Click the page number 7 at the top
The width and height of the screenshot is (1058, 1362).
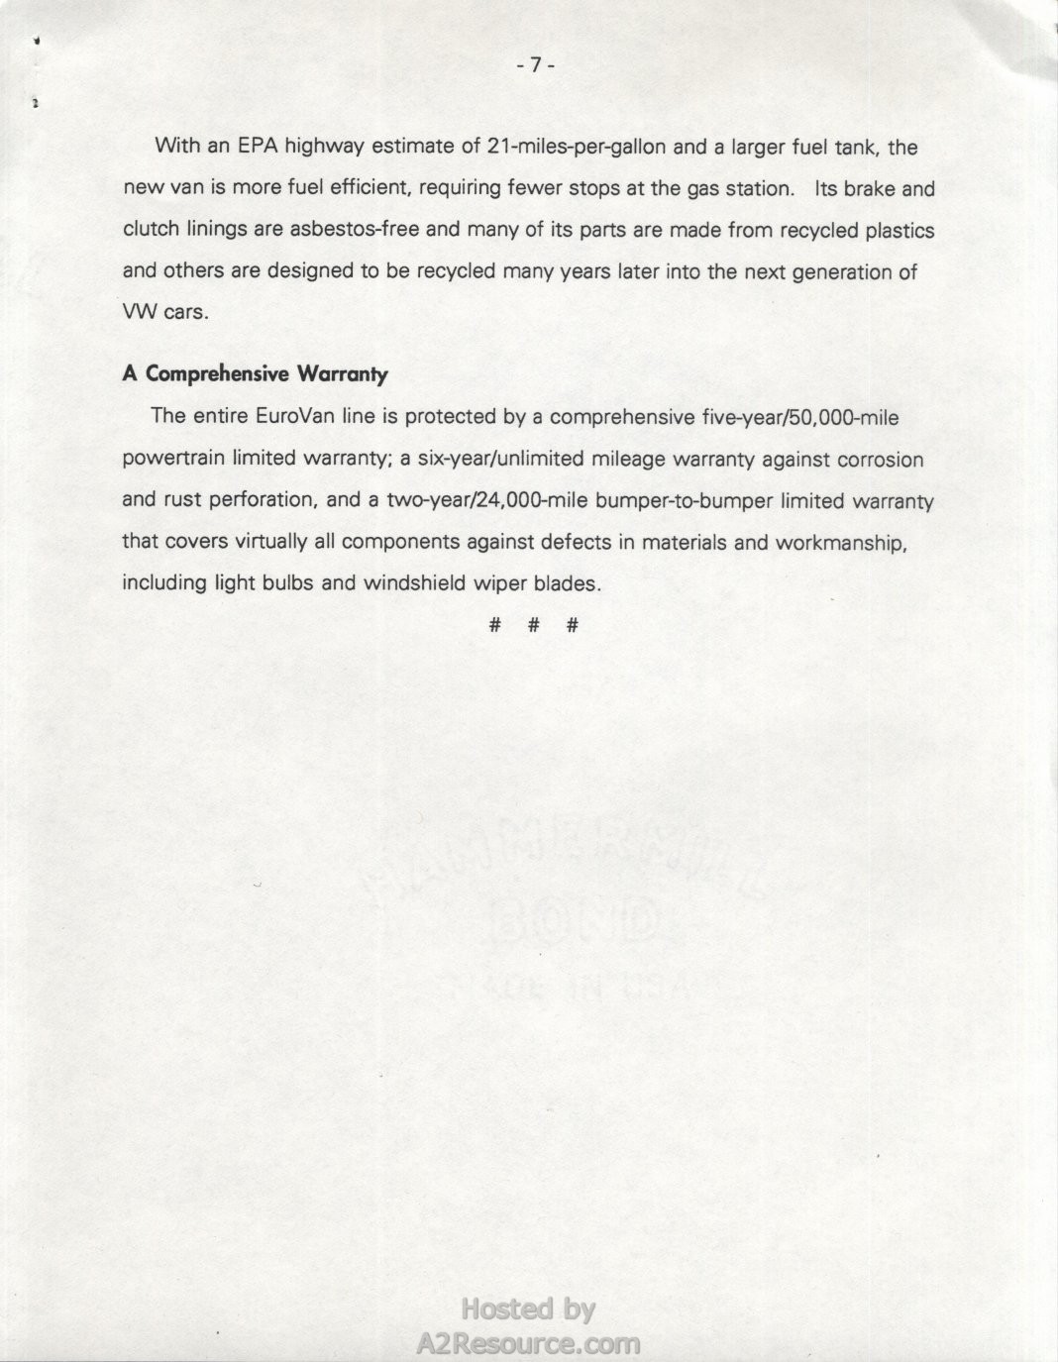pos(535,65)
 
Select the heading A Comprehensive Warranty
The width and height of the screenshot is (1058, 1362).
pos(255,374)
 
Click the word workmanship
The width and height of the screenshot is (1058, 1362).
pos(848,542)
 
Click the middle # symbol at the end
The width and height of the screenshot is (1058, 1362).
pos(533,625)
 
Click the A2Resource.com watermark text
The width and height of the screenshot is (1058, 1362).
pos(528,1343)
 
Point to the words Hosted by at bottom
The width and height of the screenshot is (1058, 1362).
pos(528,1310)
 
